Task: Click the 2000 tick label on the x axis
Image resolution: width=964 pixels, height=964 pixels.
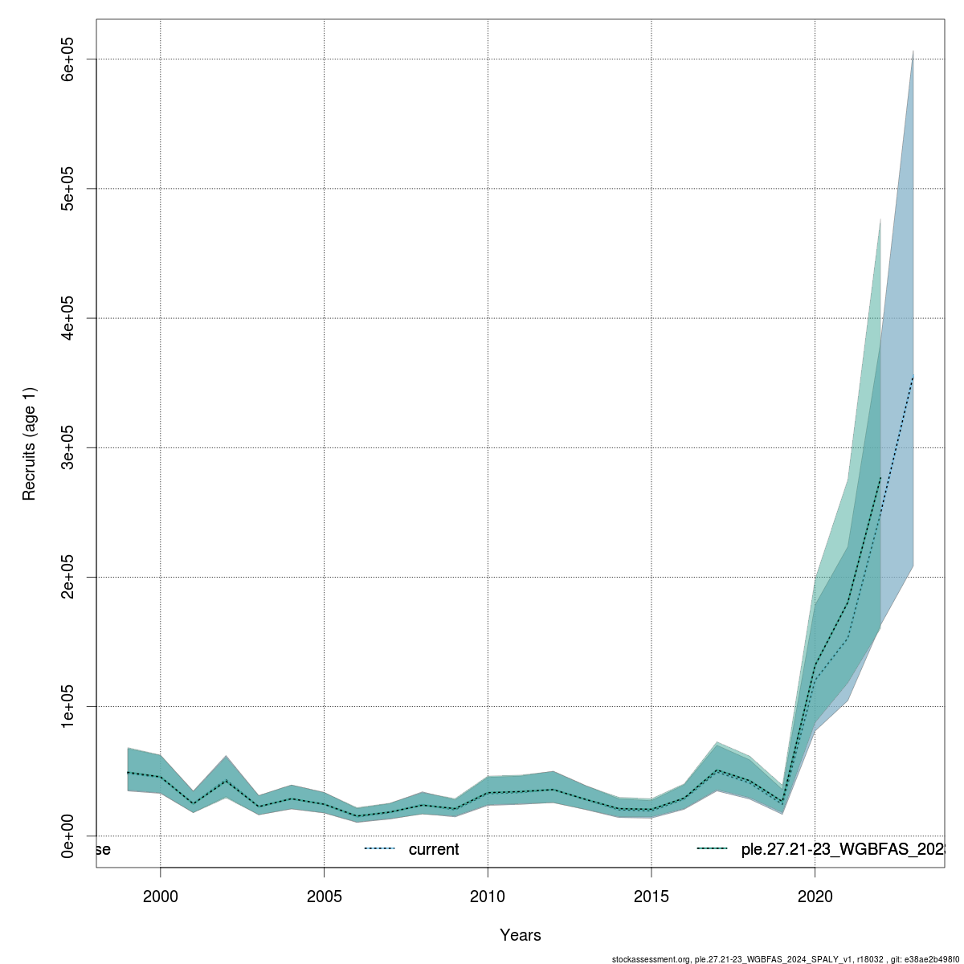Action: pos(161,896)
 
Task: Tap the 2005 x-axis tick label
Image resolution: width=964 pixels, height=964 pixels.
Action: pos(324,896)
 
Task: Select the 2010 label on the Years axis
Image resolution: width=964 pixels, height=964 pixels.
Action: pos(488,896)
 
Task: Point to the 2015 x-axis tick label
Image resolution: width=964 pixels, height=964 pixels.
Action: pos(652,896)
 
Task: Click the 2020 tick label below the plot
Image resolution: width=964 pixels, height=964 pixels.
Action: pos(815,896)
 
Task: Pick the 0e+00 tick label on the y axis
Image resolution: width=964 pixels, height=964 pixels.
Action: pos(69,835)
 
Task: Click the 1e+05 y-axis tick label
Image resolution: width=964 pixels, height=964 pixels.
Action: pos(69,706)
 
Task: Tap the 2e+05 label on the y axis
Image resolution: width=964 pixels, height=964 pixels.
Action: pos(69,577)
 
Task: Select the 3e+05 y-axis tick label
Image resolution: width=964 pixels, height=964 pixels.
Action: pos(69,447)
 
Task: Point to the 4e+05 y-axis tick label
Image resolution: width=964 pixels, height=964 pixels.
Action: pos(69,318)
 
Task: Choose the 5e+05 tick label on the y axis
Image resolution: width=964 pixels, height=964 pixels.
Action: pos(69,189)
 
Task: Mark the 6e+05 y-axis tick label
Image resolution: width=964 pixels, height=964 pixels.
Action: pos(69,59)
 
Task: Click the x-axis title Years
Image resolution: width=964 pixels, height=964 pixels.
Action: pos(521,935)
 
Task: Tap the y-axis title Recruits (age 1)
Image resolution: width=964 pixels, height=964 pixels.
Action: pos(30,443)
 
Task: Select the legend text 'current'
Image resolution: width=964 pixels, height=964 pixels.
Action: pos(434,849)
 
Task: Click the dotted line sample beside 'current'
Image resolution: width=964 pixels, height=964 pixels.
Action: pos(379,849)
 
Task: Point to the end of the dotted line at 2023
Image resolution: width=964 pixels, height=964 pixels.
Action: pos(913,376)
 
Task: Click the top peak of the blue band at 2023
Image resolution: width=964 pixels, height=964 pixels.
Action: pos(913,51)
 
